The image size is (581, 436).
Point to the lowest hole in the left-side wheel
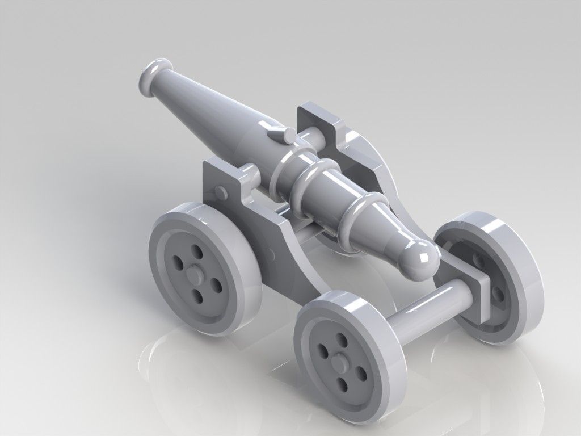199,296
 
